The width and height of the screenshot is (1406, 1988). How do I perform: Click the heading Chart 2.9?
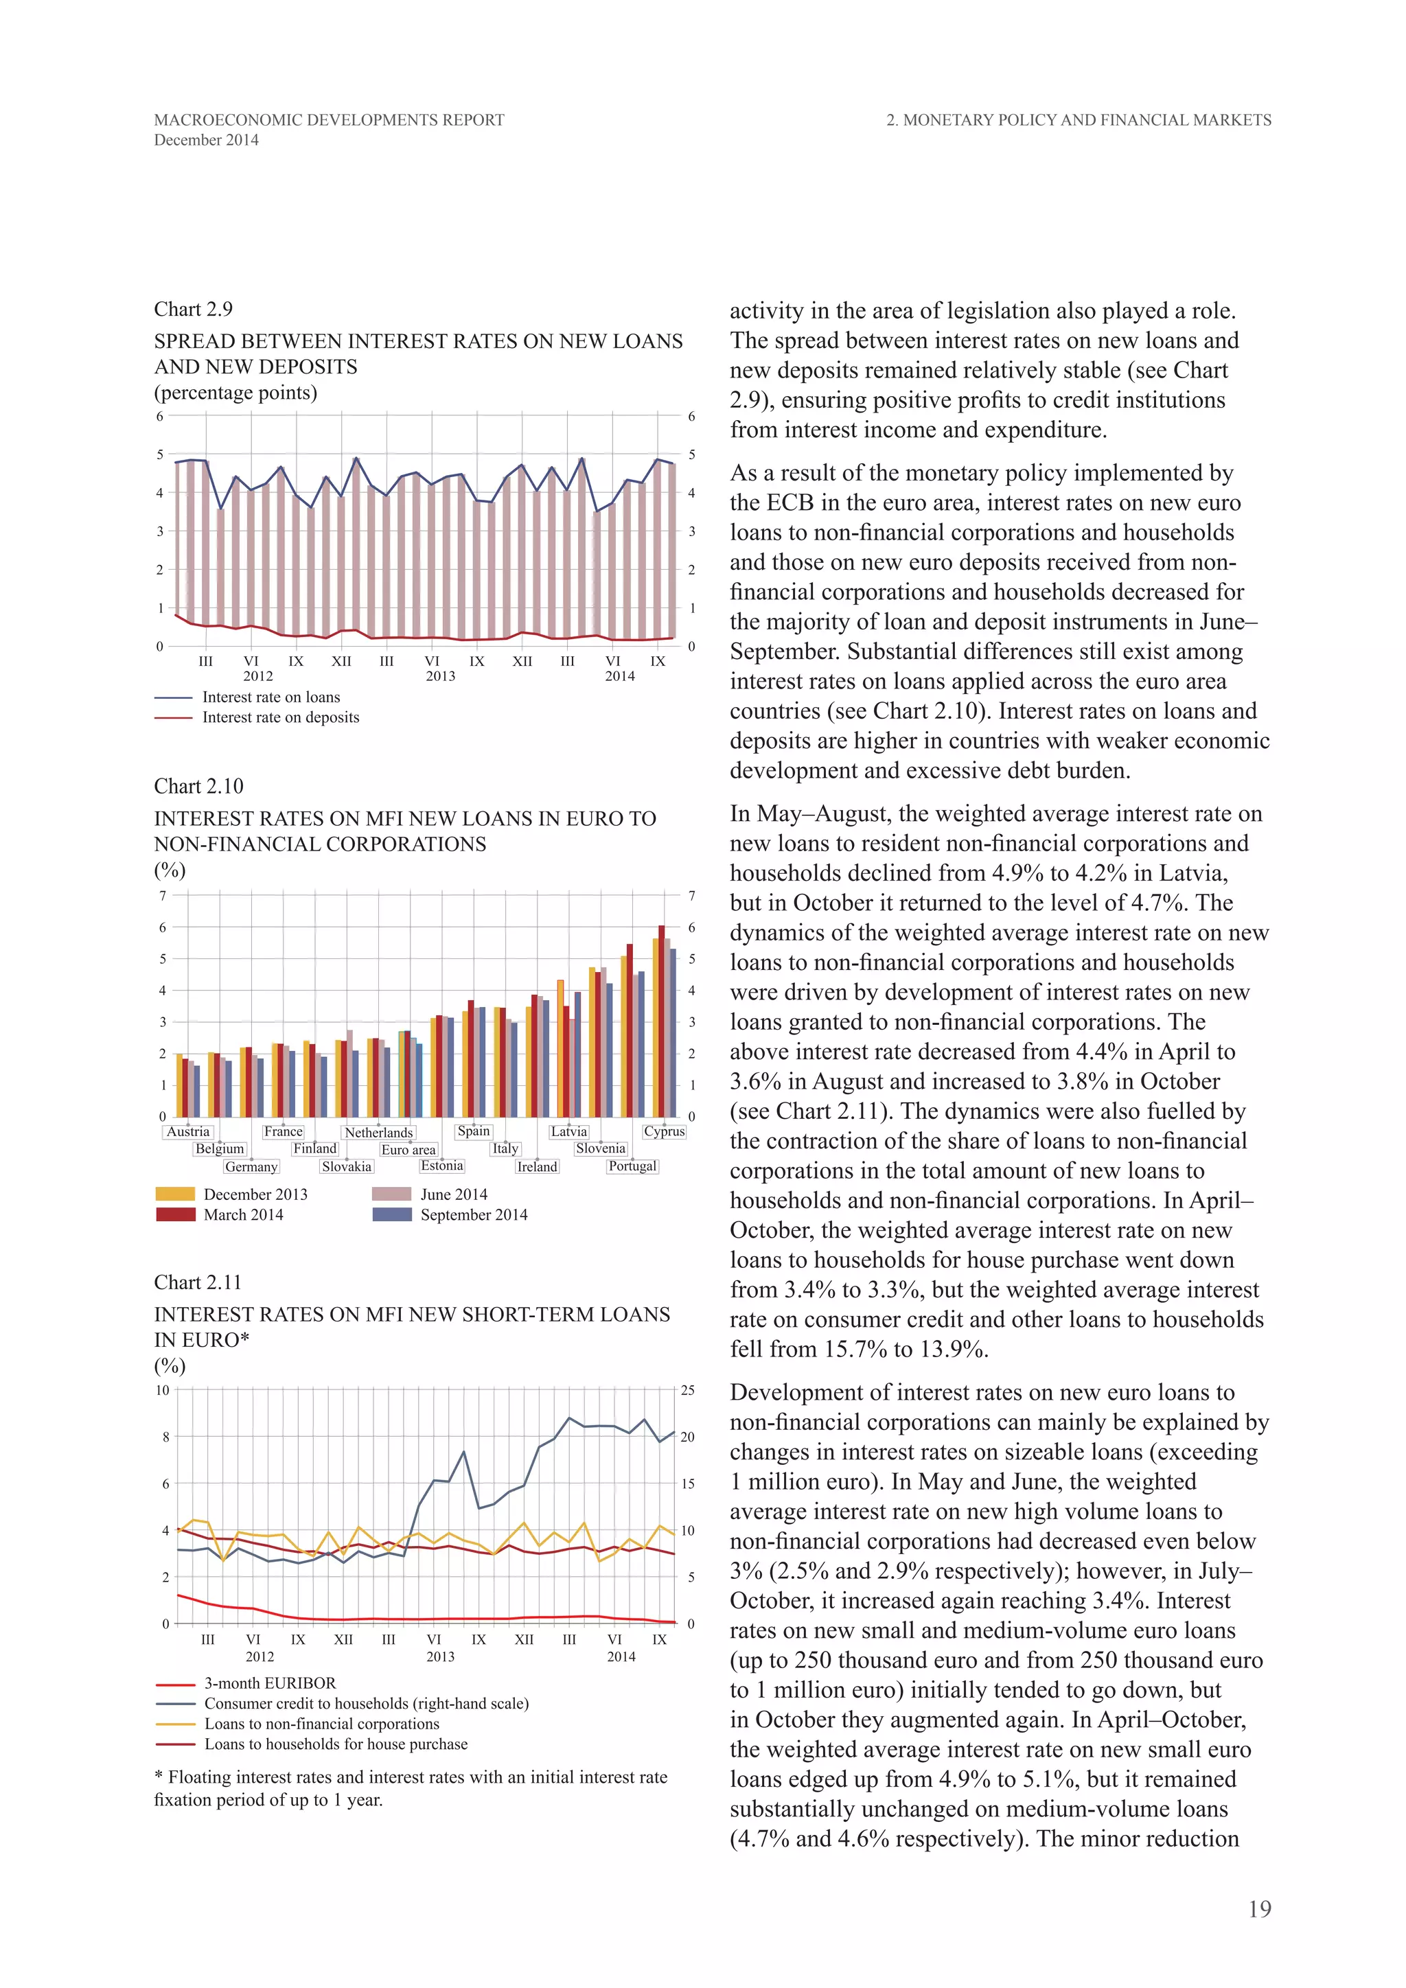pos(193,309)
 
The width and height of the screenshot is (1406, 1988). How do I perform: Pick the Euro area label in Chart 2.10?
pos(408,1149)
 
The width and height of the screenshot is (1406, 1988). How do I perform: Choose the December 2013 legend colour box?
pos(175,1194)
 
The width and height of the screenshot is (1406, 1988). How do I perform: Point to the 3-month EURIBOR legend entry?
pos(269,1683)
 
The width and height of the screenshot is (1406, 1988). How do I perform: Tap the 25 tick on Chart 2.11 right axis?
pos(687,1391)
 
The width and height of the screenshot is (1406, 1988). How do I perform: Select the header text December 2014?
pos(206,140)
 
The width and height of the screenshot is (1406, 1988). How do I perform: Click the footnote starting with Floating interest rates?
pos(411,1788)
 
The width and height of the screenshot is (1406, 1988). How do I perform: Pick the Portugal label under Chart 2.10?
pos(633,1166)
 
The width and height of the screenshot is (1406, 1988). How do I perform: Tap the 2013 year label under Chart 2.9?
pos(440,675)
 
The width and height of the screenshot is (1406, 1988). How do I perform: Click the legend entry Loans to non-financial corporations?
pos(321,1724)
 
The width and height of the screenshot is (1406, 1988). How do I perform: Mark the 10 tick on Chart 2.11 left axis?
pos(163,1391)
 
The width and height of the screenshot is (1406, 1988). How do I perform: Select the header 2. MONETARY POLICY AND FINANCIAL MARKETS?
pos(1078,120)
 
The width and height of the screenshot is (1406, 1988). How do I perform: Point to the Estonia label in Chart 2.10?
pos(442,1166)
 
